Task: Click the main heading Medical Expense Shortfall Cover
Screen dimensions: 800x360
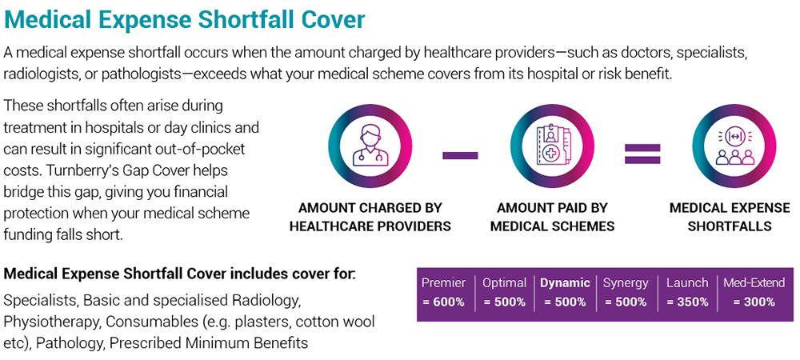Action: pyautogui.click(x=184, y=20)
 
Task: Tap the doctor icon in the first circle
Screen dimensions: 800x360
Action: pyautogui.click(x=370, y=146)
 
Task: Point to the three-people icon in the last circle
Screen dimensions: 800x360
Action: pyautogui.click(x=735, y=146)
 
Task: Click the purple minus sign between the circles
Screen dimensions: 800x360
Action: pyautogui.click(x=460, y=155)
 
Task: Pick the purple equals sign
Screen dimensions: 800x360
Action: pyautogui.click(x=643, y=154)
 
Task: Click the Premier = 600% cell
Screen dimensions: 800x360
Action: pyautogui.click(x=444, y=292)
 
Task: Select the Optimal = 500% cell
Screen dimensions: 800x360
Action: pyautogui.click(x=504, y=292)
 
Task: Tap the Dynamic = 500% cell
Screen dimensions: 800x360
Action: pyautogui.click(x=565, y=292)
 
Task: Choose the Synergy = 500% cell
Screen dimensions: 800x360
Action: pyautogui.click(x=626, y=292)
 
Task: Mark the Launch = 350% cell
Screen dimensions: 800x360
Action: pyautogui.click(x=687, y=292)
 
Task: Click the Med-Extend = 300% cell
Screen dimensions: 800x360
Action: pyautogui.click(x=754, y=292)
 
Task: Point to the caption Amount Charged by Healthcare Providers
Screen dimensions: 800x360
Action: pyautogui.click(x=370, y=218)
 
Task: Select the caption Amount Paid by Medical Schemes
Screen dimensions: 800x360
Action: pyautogui.click(x=553, y=218)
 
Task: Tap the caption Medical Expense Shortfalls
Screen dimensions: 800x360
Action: pyautogui.click(x=730, y=218)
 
